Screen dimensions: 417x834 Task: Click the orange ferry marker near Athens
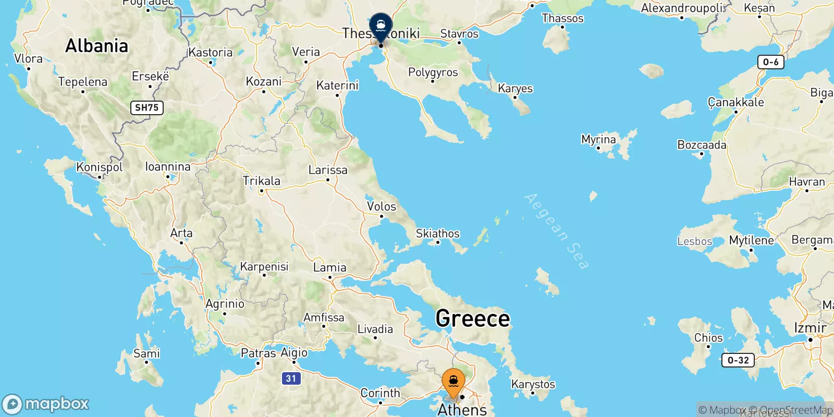tap(453, 383)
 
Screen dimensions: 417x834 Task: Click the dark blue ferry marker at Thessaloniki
tap(381, 27)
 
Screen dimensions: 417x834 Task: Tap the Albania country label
tap(96, 46)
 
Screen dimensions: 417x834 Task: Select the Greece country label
tap(472, 318)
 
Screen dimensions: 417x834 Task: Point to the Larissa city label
tap(327, 170)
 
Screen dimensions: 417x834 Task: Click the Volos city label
tap(381, 206)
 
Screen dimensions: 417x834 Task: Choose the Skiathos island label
tap(437, 234)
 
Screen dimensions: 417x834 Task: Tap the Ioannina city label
tap(167, 167)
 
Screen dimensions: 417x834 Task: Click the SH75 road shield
tap(146, 108)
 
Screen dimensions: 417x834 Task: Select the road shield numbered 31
tap(291, 378)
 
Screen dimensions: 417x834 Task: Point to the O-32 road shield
tap(738, 360)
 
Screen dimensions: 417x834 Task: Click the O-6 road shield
tap(770, 63)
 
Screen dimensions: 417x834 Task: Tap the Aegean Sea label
tap(557, 231)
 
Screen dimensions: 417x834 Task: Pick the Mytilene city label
tap(751, 240)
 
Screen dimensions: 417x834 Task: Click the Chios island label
tap(708, 338)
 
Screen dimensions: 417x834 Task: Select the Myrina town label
tap(598, 140)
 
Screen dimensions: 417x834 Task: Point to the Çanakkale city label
tap(735, 102)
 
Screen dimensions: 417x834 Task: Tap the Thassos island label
tap(562, 19)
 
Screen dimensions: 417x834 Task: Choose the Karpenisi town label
tap(264, 266)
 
